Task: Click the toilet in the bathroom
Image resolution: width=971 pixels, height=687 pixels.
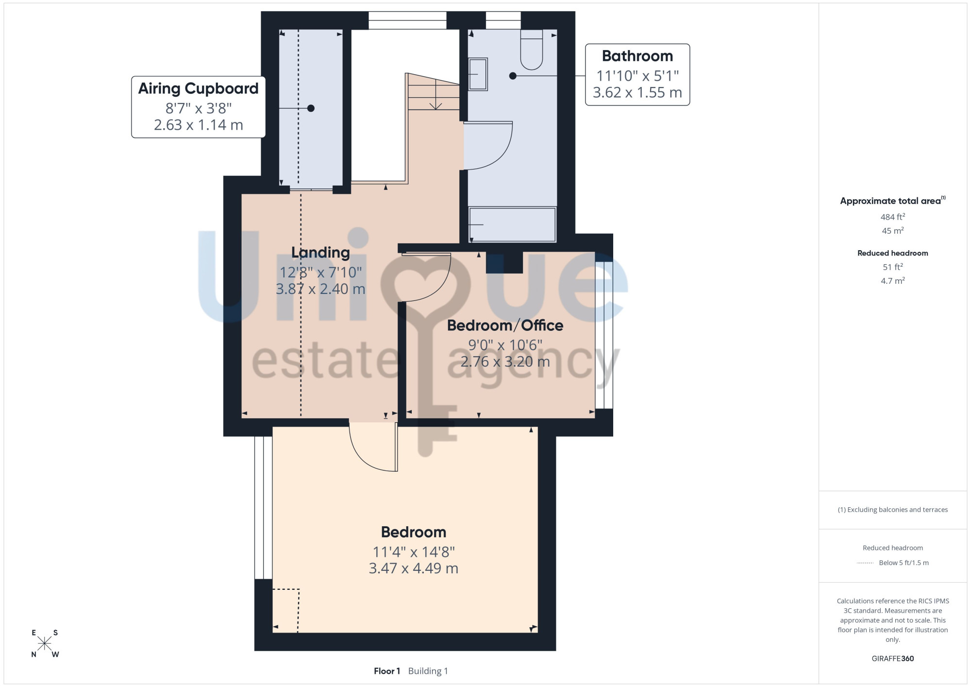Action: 532,50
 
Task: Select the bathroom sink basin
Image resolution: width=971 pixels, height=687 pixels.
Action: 478,74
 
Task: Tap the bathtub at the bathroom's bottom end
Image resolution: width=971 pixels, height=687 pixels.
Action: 512,224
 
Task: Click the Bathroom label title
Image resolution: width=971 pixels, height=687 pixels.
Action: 637,56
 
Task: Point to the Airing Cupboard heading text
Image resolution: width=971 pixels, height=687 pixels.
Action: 198,88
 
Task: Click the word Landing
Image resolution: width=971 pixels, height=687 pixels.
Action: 320,253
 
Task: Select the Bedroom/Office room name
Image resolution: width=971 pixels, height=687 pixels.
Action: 505,326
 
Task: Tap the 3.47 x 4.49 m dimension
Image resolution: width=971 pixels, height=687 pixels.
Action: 414,568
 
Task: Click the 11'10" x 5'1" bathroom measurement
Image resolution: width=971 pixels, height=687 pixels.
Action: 637,76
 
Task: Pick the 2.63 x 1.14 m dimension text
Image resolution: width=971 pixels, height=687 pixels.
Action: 198,125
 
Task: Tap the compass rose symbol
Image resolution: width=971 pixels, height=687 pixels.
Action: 45,644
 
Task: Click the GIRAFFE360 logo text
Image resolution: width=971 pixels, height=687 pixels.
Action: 893,659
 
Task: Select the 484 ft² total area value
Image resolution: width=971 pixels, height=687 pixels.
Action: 893,217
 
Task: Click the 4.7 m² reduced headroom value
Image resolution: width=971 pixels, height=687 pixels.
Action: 893,280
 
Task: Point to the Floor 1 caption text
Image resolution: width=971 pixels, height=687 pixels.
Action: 387,671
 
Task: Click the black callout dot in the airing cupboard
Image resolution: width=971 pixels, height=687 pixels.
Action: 311,108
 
